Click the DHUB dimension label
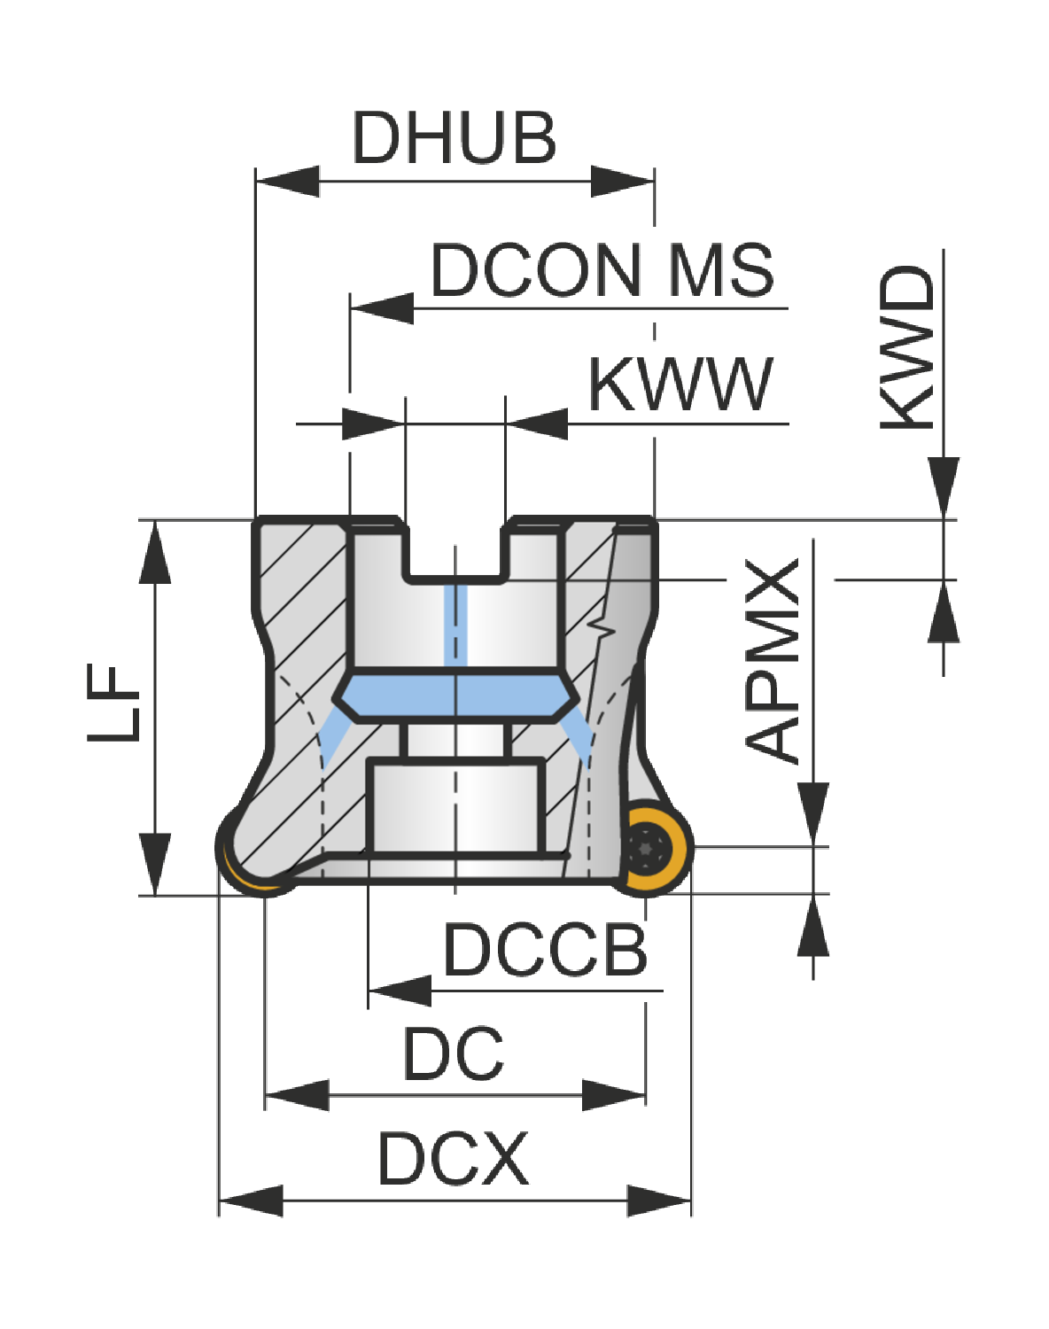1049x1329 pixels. click(455, 137)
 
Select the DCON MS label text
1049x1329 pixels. click(602, 270)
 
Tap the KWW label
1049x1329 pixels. click(680, 385)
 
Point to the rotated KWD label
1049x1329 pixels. click(907, 347)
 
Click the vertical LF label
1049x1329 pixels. click(113, 703)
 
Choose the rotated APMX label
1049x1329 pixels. click(772, 661)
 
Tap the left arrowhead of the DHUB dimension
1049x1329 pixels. click(287, 182)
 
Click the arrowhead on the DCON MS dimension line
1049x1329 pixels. click(382, 308)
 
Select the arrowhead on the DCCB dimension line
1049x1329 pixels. click(400, 991)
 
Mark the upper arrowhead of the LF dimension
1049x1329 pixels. click(154, 552)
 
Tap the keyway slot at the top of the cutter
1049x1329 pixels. click(455, 549)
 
